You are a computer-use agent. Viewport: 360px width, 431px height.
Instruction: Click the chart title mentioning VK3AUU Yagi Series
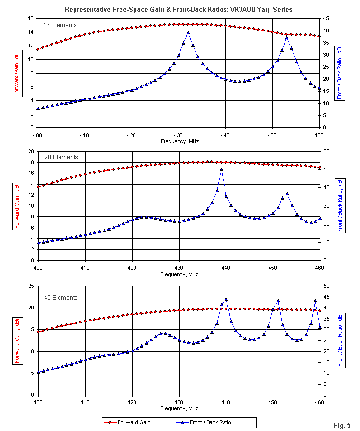[x=179, y=9]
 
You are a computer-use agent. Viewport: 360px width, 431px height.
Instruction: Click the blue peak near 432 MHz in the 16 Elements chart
[x=188, y=33]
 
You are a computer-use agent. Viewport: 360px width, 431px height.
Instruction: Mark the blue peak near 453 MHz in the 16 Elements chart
[x=287, y=37]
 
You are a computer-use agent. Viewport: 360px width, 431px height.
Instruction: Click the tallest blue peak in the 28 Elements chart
[x=222, y=169]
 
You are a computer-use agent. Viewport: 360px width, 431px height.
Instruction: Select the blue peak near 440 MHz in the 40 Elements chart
[x=226, y=299]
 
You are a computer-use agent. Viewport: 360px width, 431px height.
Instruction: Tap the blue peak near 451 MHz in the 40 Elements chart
[x=278, y=301]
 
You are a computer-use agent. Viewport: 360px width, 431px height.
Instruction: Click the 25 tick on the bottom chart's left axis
[x=30, y=286]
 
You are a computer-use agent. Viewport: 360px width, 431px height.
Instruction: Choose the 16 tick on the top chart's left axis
[x=30, y=18]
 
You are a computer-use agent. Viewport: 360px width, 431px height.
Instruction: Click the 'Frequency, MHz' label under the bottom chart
[x=179, y=408]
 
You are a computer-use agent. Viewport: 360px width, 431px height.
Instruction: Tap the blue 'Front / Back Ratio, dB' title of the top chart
[x=340, y=73]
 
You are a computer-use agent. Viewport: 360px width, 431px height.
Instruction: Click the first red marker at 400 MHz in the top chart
[x=38, y=49]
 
